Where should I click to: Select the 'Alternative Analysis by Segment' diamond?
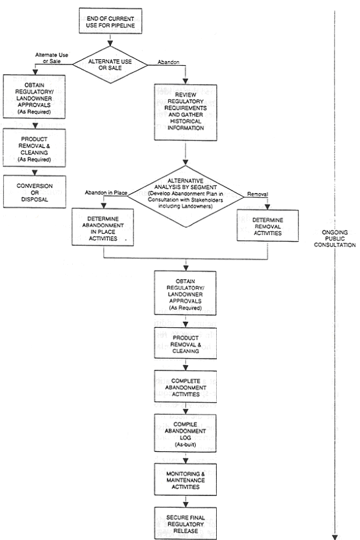tap(187, 192)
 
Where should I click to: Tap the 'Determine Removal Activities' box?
tap(267, 227)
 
